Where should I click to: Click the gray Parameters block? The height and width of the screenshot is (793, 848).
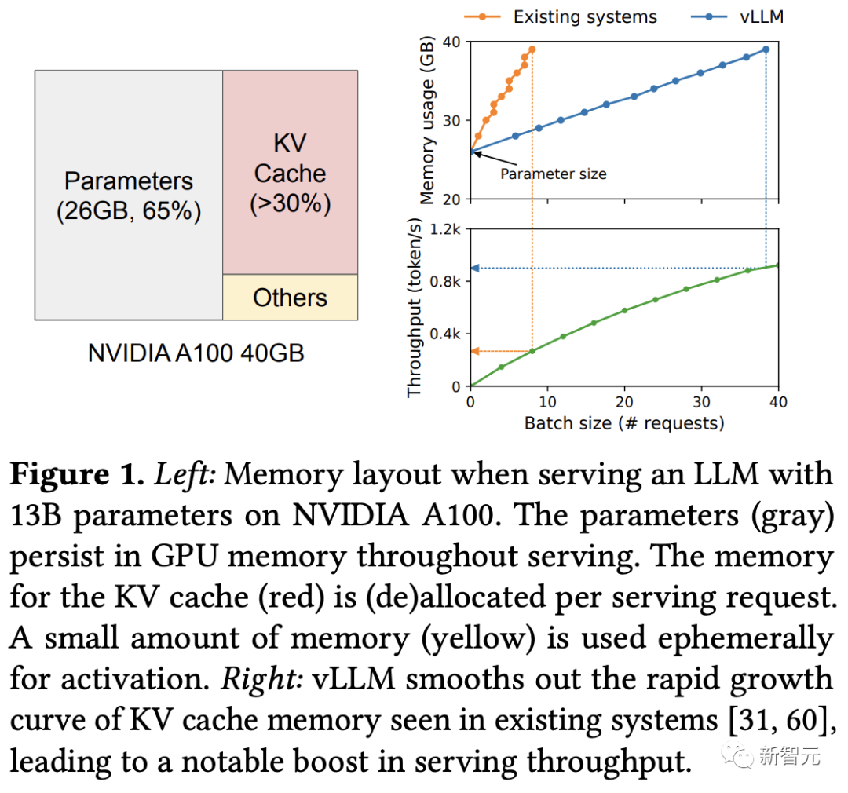pyautogui.click(x=129, y=195)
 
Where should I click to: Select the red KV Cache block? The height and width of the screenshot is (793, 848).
pyautogui.click(x=290, y=173)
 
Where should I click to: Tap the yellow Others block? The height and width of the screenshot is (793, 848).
pyautogui.click(x=290, y=298)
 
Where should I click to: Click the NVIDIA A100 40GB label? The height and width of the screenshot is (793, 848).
pyautogui.click(x=196, y=353)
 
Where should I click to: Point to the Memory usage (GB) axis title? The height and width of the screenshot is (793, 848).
pyautogui.click(x=427, y=120)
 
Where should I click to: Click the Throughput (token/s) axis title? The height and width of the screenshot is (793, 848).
pyautogui.click(x=415, y=308)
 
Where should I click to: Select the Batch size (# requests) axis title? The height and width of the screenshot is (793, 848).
pyautogui.click(x=624, y=423)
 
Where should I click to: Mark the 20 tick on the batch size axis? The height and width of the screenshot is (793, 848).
pyautogui.click(x=624, y=402)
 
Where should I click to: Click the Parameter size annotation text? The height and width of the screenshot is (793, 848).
pyautogui.click(x=554, y=174)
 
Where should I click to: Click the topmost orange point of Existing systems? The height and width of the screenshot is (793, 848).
pyautogui.click(x=532, y=49)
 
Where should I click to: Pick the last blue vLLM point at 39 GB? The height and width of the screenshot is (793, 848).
pyautogui.click(x=766, y=49)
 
